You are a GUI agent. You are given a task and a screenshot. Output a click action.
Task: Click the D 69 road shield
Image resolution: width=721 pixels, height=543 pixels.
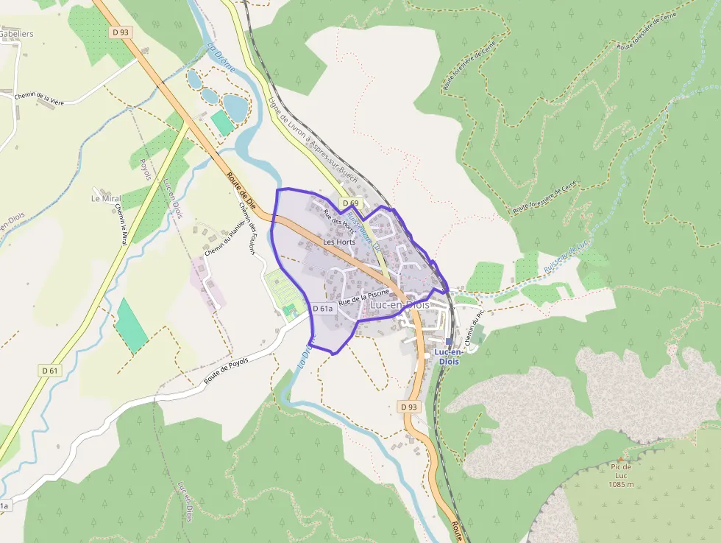[x=349, y=203]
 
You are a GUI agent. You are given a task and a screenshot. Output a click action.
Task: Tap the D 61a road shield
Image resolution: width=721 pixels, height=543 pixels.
[x=323, y=309]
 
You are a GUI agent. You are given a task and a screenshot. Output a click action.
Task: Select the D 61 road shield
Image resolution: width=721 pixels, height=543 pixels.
[x=49, y=370]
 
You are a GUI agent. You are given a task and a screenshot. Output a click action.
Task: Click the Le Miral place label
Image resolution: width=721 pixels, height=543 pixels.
[x=106, y=199]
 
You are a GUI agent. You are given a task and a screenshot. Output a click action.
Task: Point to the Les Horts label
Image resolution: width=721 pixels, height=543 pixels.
[x=339, y=242]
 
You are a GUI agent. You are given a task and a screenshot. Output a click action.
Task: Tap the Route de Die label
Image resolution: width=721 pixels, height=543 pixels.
[x=240, y=190]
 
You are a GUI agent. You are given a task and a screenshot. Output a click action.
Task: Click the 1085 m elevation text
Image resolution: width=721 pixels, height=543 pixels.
[x=622, y=484]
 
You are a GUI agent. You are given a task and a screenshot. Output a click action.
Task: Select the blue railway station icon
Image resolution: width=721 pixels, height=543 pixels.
[x=449, y=341]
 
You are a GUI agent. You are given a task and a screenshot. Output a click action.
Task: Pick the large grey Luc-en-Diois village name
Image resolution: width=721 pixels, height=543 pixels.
[x=400, y=304]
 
